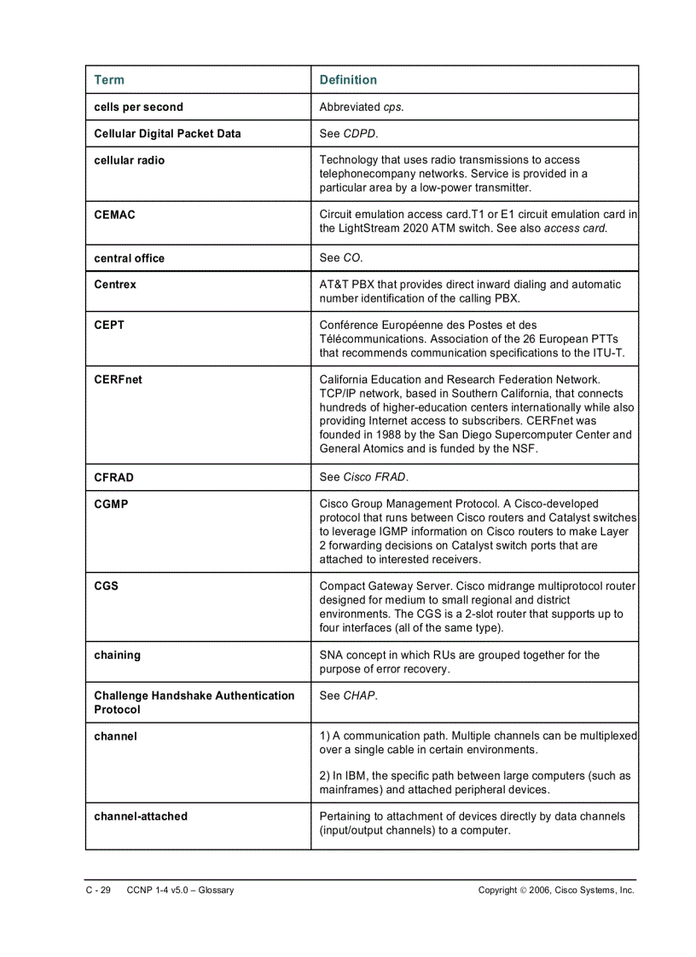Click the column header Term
(109, 80)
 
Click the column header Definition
(348, 80)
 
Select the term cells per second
(138, 107)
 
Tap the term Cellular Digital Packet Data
(167, 134)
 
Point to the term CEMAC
(114, 215)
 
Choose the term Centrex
(115, 285)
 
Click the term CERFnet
(118, 380)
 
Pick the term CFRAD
(113, 477)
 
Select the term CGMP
(111, 504)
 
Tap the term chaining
(118, 655)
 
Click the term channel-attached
(141, 816)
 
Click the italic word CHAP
(359, 696)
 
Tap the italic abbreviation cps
(392, 107)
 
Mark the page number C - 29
(98, 891)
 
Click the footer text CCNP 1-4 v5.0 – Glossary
(180, 891)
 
